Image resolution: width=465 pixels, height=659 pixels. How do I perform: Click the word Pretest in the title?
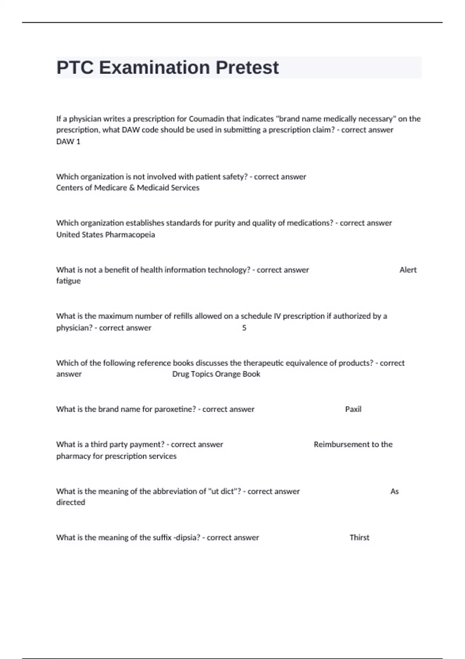(x=247, y=68)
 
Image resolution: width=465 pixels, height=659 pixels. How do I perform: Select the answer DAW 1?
(x=68, y=141)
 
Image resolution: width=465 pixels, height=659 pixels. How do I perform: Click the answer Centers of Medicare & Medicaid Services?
(x=127, y=188)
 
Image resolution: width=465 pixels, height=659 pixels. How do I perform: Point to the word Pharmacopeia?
(x=130, y=235)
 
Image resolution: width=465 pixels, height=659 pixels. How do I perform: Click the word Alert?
(x=408, y=270)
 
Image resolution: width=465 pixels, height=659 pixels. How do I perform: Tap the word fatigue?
(x=68, y=281)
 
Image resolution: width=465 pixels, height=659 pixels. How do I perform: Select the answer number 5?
(x=244, y=328)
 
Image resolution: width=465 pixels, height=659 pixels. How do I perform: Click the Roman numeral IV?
(x=277, y=316)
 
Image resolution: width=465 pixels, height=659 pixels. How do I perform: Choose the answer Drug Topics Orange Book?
(x=216, y=374)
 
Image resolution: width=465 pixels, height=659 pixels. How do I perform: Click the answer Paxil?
(x=353, y=409)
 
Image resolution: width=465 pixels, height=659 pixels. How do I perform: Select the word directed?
(x=71, y=502)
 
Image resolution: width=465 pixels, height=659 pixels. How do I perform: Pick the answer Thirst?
(x=359, y=538)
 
